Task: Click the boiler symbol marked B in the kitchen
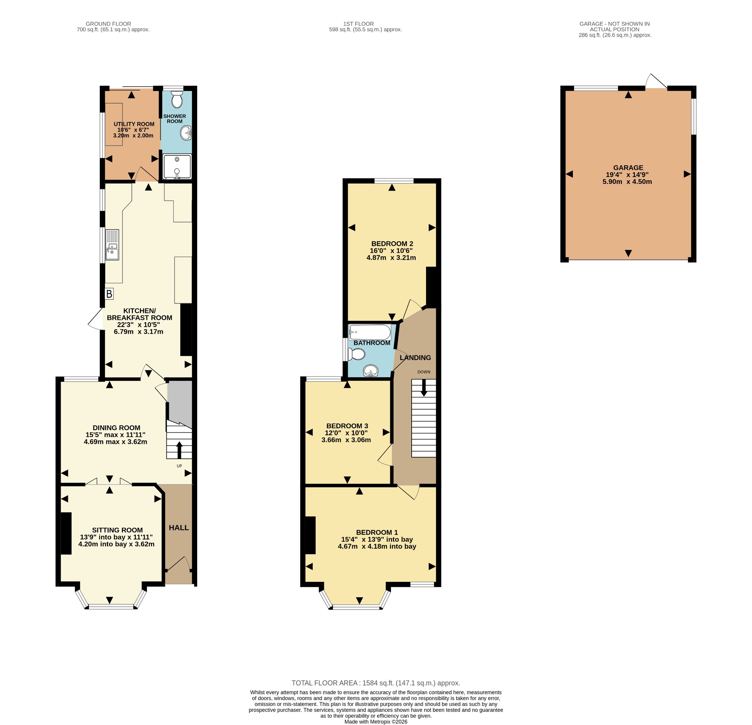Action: tap(109, 294)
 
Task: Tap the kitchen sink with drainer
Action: tap(112, 245)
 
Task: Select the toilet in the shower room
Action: tap(177, 100)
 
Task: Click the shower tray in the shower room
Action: tap(177, 167)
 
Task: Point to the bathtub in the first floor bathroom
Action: tap(370, 332)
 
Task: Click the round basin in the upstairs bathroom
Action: tap(371, 371)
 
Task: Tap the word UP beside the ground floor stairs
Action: tap(179, 466)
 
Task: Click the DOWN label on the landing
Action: tap(424, 372)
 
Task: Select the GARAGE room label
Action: tap(628, 168)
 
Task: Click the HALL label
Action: tap(179, 528)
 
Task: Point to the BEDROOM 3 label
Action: tap(347, 426)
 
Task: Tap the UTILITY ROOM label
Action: tap(134, 124)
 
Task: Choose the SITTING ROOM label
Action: tap(117, 530)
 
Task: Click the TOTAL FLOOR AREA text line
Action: tap(376, 683)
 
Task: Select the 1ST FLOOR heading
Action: tap(358, 24)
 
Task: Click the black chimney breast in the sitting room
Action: tap(66, 533)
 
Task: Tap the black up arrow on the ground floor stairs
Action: tap(179, 450)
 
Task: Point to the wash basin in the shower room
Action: tap(186, 133)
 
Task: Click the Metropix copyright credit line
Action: tap(376, 722)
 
